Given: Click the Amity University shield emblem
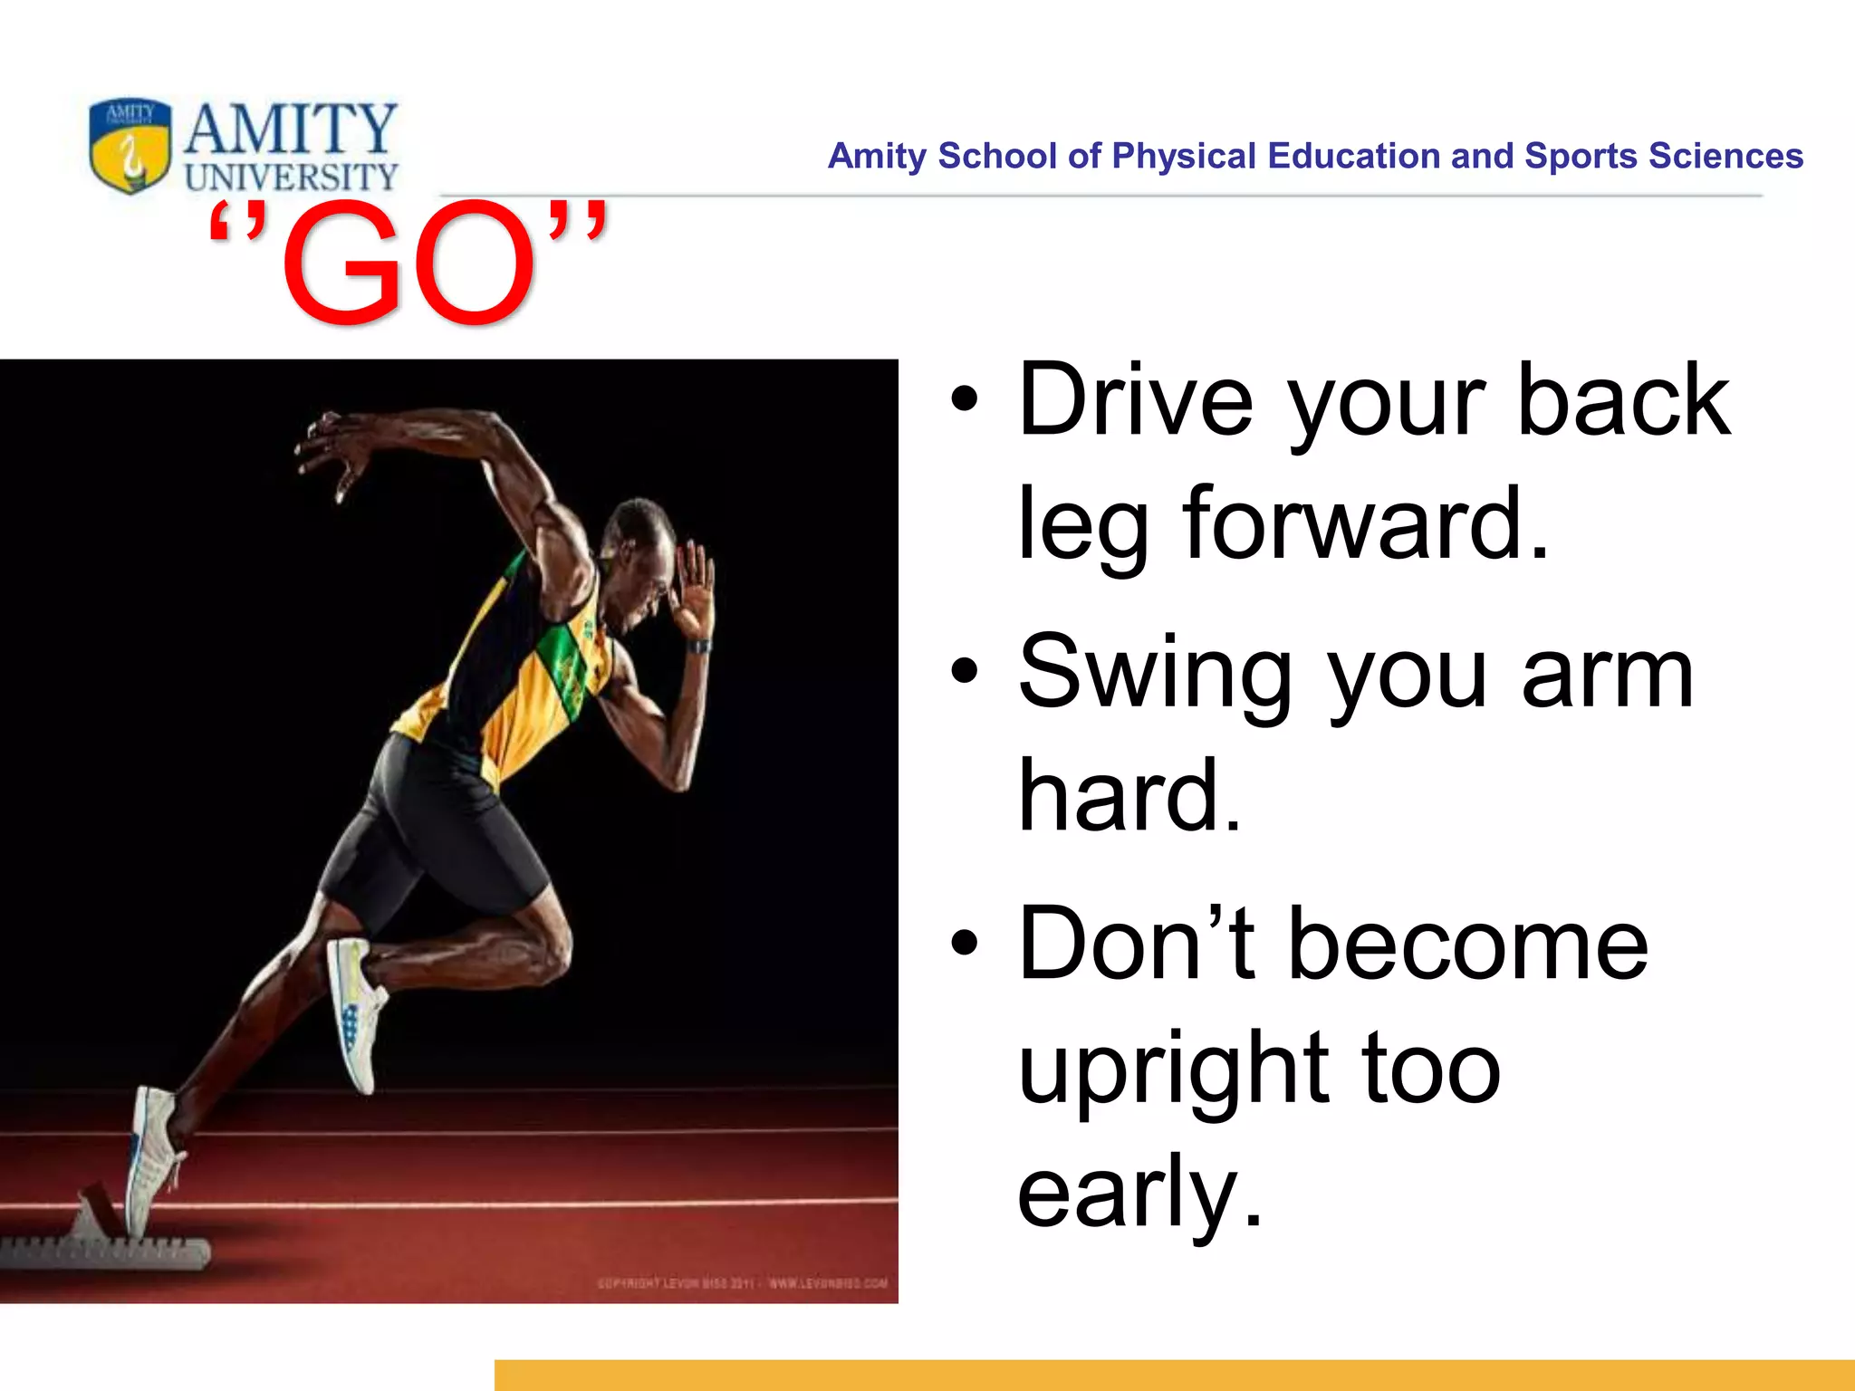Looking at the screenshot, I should (x=130, y=146).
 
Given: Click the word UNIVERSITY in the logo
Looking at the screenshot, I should (x=292, y=177).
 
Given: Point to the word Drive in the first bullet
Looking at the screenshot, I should (x=1136, y=400).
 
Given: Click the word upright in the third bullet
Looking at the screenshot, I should (x=1173, y=1072).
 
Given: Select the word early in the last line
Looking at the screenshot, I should (x=1139, y=1195).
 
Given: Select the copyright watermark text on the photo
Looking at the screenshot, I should (x=742, y=1282).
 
